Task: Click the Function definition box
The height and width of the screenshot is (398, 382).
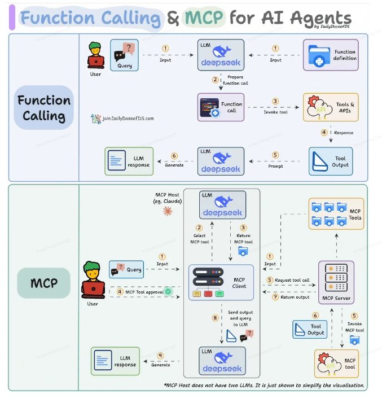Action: pos(330,55)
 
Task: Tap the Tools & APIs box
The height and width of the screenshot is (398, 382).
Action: pos(330,107)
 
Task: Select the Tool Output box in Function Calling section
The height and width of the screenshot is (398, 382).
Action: pos(330,161)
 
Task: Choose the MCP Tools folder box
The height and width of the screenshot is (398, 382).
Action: pos(336,213)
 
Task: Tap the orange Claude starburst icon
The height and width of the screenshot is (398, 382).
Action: pos(167,211)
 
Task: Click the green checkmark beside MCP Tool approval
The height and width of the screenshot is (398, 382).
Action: pos(168,291)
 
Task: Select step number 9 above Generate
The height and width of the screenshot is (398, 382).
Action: pos(161,356)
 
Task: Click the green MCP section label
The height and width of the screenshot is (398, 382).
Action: pos(44,282)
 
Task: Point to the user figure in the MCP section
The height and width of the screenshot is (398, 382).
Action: pos(92,281)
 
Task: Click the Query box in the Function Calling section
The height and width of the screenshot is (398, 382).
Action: pos(124,55)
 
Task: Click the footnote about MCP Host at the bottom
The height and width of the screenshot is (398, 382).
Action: pos(264,386)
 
